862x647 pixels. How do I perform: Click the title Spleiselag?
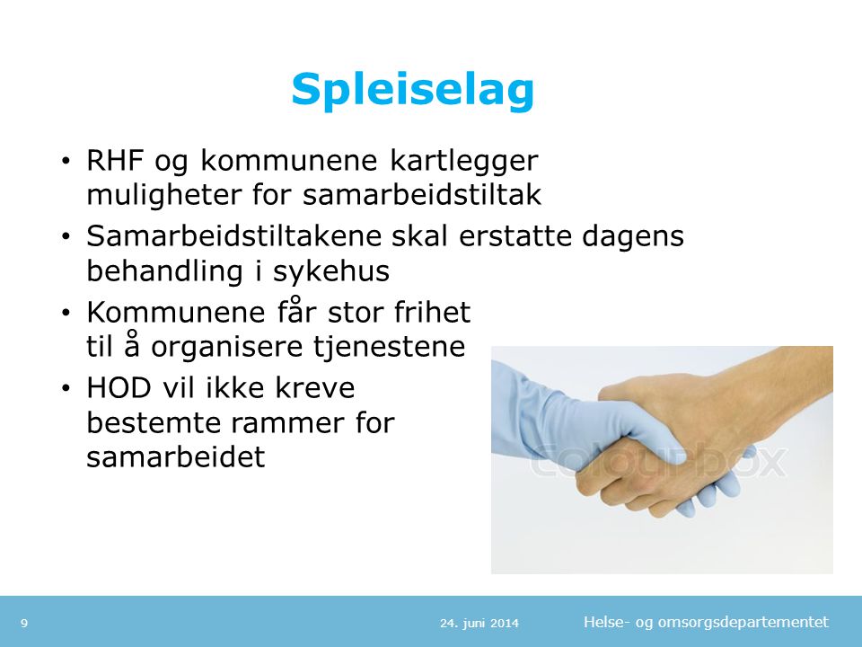click(412, 91)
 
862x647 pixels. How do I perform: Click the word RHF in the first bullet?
click(115, 160)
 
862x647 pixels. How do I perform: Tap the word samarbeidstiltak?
click(422, 195)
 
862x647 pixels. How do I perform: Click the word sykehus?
click(331, 270)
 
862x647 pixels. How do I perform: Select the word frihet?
click(432, 312)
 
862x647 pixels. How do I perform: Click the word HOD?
click(119, 388)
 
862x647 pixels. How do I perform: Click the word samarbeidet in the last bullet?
click(176, 456)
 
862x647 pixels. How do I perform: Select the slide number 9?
click(24, 624)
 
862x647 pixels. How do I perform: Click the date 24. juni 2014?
click(479, 624)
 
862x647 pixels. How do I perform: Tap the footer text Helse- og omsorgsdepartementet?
click(707, 622)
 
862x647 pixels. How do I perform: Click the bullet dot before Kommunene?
click(66, 313)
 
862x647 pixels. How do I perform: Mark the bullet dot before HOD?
click(66, 389)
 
